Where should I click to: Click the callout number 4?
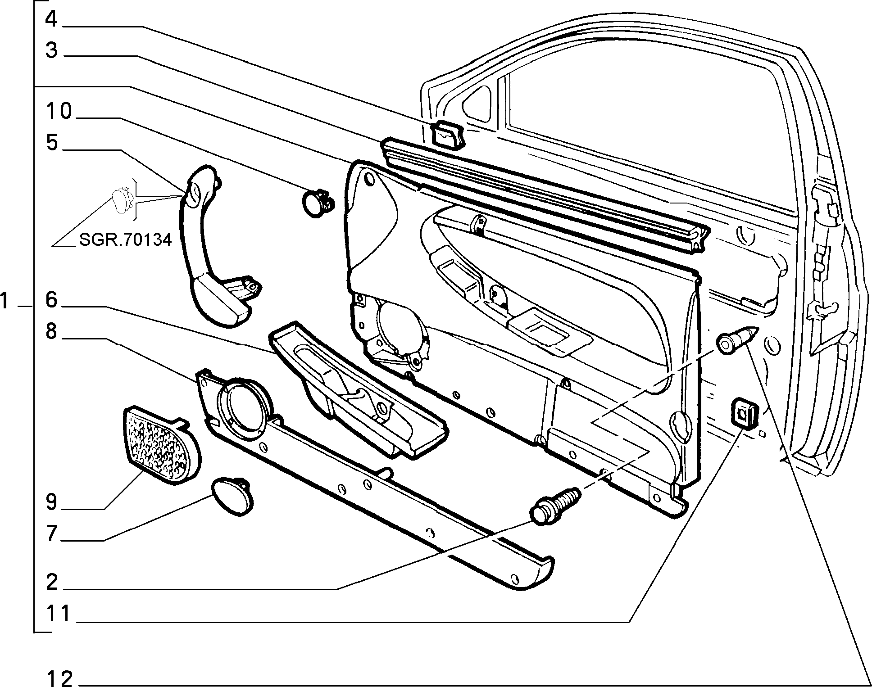(x=51, y=19)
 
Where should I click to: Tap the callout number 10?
(x=59, y=111)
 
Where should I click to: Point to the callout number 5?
(x=52, y=143)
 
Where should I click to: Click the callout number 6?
(x=51, y=299)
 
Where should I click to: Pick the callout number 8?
(x=51, y=332)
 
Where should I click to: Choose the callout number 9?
(x=51, y=502)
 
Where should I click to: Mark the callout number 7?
(x=51, y=533)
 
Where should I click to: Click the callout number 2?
(x=51, y=582)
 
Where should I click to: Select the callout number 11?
(x=59, y=614)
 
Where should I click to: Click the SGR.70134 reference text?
(x=125, y=240)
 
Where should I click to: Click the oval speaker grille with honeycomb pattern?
(x=162, y=445)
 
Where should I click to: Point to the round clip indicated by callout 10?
(x=317, y=204)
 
